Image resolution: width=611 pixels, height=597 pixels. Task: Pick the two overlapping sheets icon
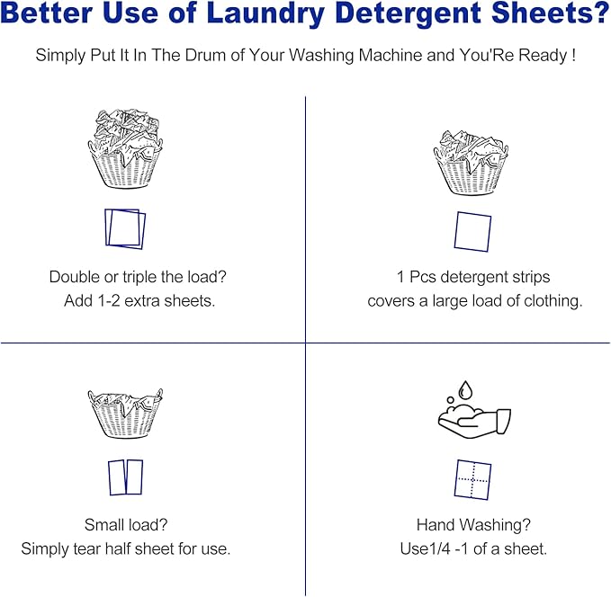(x=125, y=228)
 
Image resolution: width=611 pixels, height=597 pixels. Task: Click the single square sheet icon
(x=472, y=231)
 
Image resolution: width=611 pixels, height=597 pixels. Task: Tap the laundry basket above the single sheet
(x=472, y=162)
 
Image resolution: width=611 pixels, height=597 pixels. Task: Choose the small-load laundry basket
(x=126, y=414)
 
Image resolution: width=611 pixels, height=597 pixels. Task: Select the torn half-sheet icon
(x=126, y=477)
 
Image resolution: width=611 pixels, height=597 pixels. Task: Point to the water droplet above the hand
(x=465, y=390)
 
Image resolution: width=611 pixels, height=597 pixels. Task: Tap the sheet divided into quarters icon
(x=472, y=479)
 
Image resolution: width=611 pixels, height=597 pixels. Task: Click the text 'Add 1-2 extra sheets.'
(x=139, y=301)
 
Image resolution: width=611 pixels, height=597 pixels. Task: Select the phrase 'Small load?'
(x=125, y=524)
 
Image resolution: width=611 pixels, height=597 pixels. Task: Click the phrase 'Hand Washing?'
(x=472, y=524)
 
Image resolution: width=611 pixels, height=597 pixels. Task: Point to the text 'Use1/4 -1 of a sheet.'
(x=473, y=548)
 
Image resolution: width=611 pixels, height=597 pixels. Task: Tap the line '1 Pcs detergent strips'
(x=473, y=277)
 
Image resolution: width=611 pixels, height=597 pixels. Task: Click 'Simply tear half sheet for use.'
(x=126, y=548)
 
